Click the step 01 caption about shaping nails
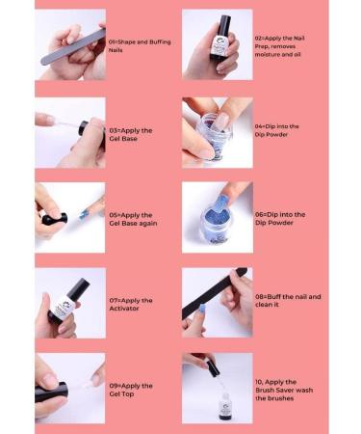(139, 45)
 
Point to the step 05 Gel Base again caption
(134, 219)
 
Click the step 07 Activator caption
(133, 304)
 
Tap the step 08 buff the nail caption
(290, 301)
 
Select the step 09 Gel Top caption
(132, 390)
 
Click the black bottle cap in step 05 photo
(54, 219)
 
